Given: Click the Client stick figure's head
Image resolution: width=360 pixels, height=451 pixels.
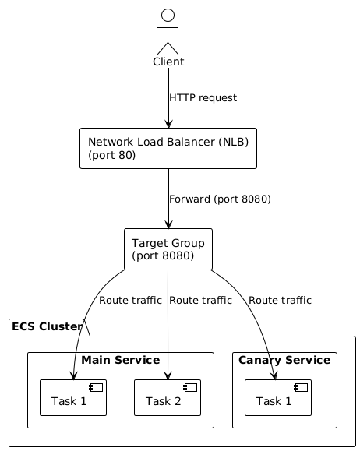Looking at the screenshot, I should [168, 15].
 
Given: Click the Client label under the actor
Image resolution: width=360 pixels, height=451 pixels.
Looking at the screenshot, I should [168, 62].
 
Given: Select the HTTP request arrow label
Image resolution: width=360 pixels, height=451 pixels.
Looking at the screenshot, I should [203, 98].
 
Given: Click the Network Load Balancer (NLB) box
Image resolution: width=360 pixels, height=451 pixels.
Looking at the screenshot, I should [168, 148].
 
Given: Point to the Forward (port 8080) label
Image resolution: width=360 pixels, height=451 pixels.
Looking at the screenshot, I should [220, 199].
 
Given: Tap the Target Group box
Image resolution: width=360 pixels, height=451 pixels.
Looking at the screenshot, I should [168, 248].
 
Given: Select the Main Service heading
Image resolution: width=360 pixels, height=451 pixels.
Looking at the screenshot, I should [120, 360].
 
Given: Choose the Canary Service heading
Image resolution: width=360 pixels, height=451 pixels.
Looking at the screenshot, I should [284, 360].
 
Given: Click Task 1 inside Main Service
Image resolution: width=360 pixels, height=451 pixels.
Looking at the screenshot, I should [73, 398].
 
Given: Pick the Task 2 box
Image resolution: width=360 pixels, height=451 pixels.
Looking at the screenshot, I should [168, 398].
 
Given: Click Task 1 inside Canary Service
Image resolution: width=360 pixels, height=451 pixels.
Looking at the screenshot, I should [277, 398].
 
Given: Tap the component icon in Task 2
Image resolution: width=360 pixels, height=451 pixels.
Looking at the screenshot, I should [191, 387].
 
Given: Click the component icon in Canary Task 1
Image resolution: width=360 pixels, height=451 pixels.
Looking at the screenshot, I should [301, 387].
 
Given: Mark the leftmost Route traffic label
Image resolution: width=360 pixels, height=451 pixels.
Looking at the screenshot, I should [130, 300].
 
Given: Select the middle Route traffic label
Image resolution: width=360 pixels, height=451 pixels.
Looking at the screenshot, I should [200, 300].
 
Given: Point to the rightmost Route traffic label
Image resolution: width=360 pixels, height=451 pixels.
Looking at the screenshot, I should [280, 300].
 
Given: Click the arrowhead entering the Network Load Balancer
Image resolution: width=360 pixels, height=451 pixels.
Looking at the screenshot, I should [168, 123].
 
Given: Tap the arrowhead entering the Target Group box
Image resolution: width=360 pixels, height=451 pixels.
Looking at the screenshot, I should [168, 224].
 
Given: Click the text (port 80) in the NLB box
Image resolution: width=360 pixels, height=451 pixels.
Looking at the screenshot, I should [112, 155].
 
